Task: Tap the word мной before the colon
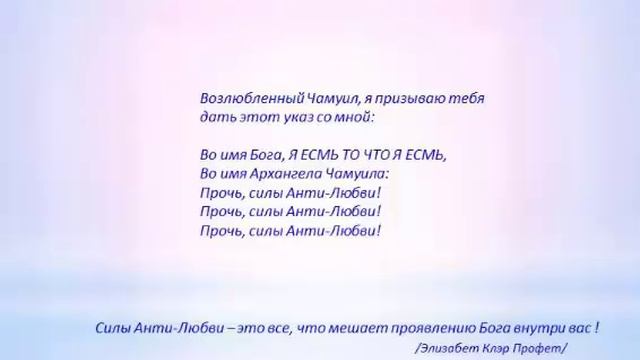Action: tap(347, 117)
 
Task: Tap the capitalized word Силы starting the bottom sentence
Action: tap(113, 327)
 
